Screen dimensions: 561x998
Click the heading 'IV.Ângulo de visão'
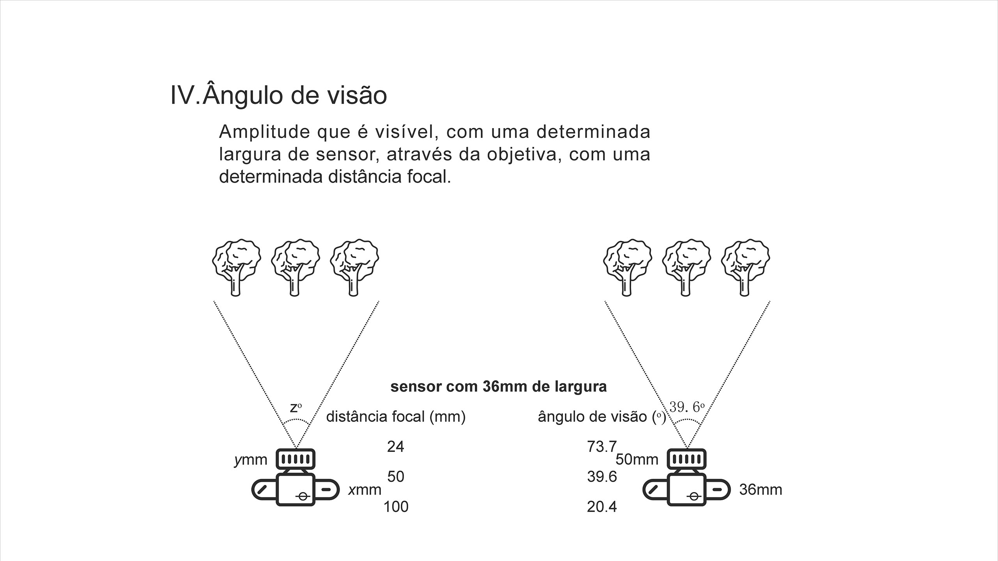279,95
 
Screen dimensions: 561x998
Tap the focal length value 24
395,446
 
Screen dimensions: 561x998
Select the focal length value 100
396,507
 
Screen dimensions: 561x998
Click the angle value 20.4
602,507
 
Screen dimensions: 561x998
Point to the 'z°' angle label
296,408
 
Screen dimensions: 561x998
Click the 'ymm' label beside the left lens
251,460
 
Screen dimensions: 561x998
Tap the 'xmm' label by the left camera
365,490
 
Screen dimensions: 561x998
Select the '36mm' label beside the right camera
761,490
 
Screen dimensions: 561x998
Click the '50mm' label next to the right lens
637,460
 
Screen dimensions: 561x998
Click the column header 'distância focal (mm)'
396,417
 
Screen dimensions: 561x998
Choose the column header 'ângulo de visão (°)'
602,417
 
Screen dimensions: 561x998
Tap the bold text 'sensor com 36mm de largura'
499,387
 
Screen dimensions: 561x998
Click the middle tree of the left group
296,267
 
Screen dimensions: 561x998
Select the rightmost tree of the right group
745,267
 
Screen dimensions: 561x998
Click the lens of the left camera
296,459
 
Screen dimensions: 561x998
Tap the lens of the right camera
687,459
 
